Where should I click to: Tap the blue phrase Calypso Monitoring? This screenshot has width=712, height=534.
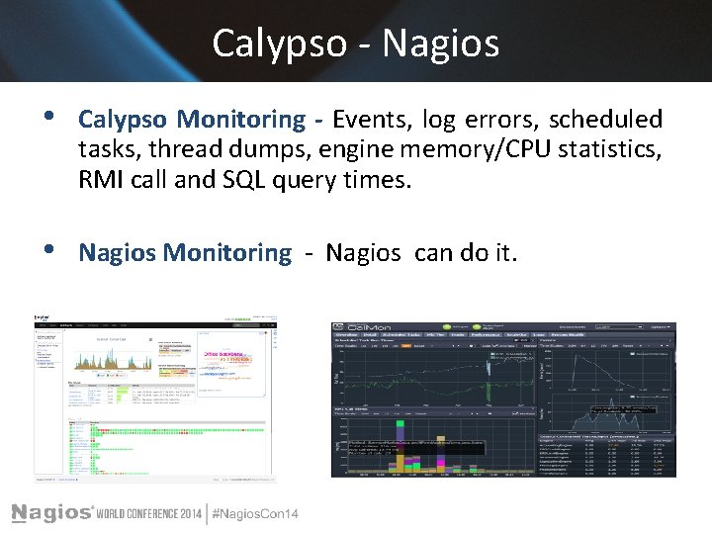coord(192,120)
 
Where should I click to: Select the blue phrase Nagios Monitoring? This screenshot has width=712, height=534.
coord(185,253)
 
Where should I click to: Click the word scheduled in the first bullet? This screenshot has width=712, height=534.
coord(605,120)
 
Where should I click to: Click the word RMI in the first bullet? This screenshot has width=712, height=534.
coord(102,181)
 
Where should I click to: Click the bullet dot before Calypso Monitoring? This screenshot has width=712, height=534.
coord(51,118)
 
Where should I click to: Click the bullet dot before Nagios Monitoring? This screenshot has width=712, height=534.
coord(51,251)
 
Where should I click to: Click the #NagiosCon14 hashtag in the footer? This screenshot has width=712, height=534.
coord(255,512)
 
